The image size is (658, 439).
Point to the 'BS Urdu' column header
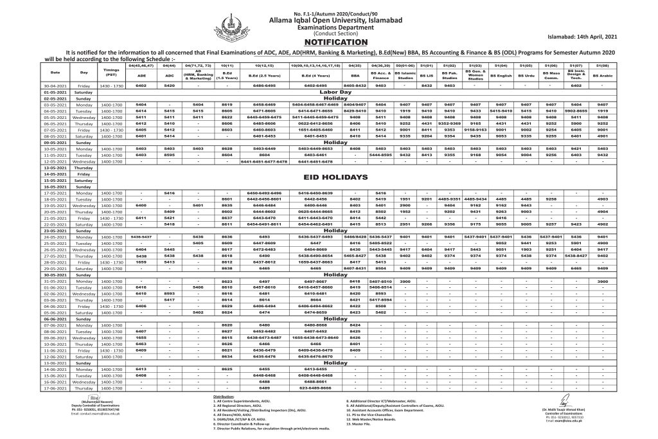click(527, 75)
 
